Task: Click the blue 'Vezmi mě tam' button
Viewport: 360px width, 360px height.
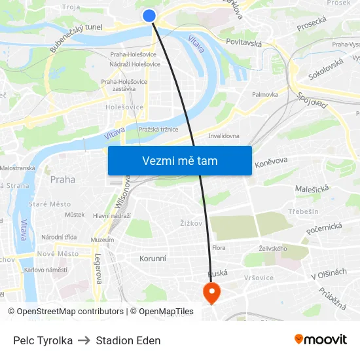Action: (x=179, y=160)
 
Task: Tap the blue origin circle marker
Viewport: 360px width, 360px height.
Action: (x=149, y=16)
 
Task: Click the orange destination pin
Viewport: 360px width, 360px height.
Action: (x=212, y=291)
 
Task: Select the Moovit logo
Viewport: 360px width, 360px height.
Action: (x=320, y=339)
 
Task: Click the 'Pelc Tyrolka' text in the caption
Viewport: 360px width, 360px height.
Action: (x=43, y=340)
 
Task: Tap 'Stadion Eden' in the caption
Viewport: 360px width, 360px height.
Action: (x=128, y=340)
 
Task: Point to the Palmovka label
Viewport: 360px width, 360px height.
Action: (x=265, y=94)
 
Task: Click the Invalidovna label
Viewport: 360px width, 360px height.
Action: (x=223, y=136)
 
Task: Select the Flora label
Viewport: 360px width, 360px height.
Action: (x=219, y=248)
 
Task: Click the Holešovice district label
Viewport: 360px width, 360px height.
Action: (x=124, y=106)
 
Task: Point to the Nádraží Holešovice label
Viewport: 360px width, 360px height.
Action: (x=134, y=63)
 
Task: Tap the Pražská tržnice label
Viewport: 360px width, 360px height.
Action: (x=158, y=130)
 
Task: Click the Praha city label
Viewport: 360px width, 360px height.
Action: (x=62, y=179)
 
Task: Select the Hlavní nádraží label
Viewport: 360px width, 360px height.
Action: (x=112, y=215)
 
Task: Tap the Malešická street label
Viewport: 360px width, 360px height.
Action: (x=311, y=189)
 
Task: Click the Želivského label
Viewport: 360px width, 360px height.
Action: (x=272, y=249)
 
